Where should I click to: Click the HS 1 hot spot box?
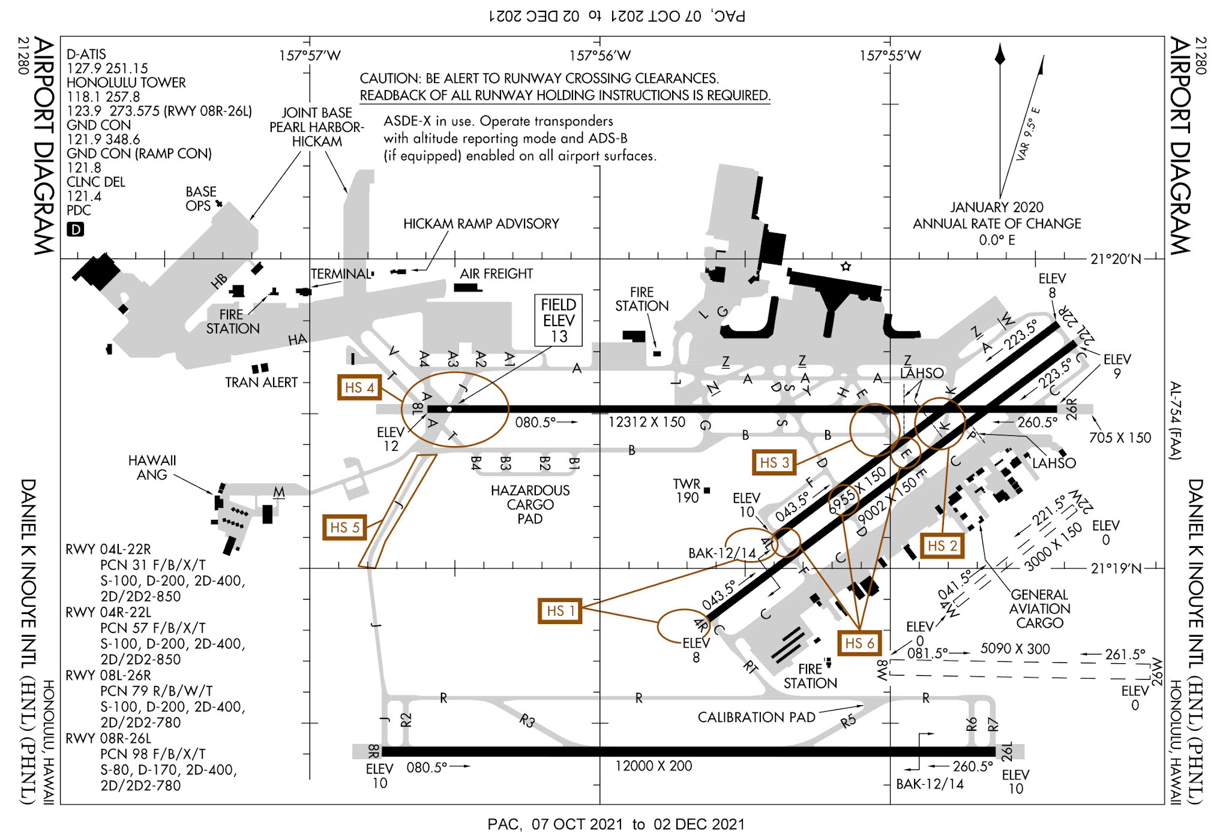tap(559, 611)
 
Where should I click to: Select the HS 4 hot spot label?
tap(359, 388)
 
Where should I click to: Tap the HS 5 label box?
tap(344, 527)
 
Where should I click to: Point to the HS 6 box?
tap(859, 643)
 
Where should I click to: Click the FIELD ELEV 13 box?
tap(558, 320)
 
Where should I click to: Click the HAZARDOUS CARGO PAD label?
tap(530, 504)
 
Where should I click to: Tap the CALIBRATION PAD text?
tap(756, 717)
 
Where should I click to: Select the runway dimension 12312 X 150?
tap(646, 422)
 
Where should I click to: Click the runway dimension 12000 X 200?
tap(653, 766)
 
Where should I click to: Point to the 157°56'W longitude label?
tap(599, 56)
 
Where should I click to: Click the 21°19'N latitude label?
tap(1115, 568)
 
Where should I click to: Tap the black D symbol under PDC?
tap(75, 230)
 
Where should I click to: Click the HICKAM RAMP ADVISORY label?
tap(481, 224)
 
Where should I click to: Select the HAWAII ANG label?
tap(152, 468)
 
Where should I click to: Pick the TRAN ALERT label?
tap(261, 383)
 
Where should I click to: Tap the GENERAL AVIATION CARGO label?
tap(1039, 609)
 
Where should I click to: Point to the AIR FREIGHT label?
tap(496, 274)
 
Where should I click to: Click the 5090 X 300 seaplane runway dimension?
tap(1015, 649)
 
